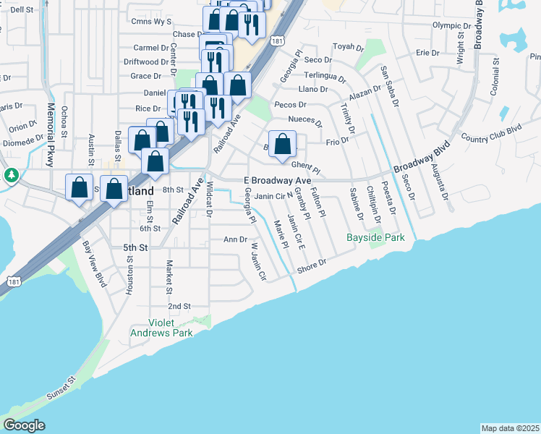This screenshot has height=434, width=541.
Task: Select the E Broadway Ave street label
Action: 277,179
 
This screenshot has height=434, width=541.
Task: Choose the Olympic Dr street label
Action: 451,25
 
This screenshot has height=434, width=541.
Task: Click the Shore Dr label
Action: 312,267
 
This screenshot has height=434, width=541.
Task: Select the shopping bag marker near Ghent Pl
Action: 283,144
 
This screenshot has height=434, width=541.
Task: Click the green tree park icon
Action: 11,175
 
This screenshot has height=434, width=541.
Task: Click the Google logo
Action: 24,425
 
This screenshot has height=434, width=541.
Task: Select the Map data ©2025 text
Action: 510,428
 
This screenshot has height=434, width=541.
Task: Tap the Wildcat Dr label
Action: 209,200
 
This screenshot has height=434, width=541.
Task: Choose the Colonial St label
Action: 495,77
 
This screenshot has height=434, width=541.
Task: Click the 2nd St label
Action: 179,306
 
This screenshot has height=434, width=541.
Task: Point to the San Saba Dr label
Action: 390,85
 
